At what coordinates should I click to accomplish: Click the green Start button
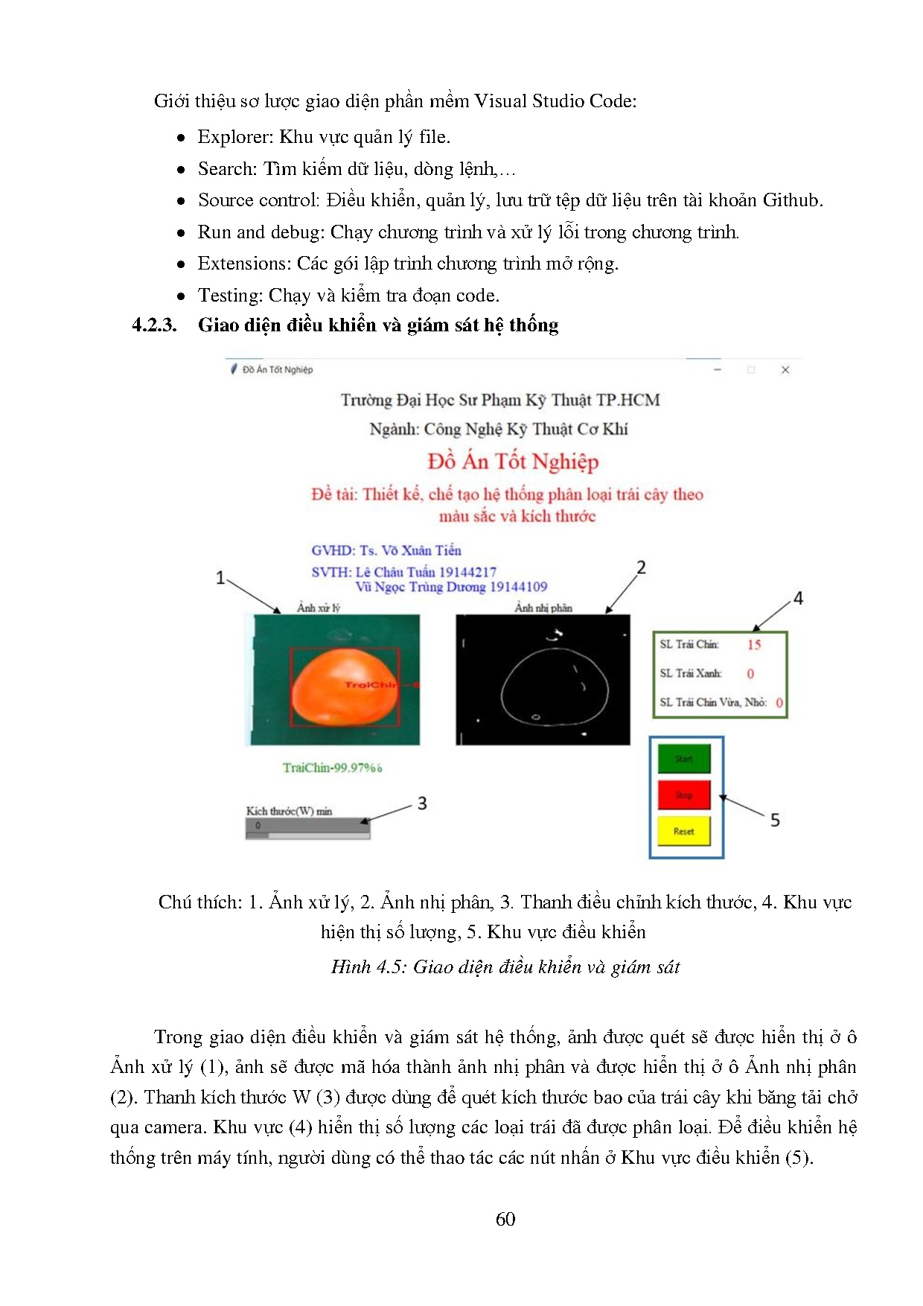(683, 759)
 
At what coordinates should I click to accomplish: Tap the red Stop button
(683, 794)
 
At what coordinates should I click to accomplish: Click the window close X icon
(785, 369)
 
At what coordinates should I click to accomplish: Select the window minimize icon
(718, 369)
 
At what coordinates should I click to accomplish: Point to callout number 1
(220, 578)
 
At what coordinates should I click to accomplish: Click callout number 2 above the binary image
(641, 567)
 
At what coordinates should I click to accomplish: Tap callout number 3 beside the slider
(422, 803)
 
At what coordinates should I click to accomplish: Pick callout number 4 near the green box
(798, 599)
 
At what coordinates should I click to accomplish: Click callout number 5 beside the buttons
(775, 820)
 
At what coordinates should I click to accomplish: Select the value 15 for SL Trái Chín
(754, 645)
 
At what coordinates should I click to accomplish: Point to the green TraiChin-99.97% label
(332, 768)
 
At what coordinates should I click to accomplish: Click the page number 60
(505, 1219)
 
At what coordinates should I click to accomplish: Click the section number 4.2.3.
(154, 325)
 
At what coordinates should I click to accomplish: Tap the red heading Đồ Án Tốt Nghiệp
(513, 462)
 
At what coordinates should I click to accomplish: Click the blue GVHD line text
(386, 550)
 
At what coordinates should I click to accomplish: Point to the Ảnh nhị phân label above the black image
(543, 608)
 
